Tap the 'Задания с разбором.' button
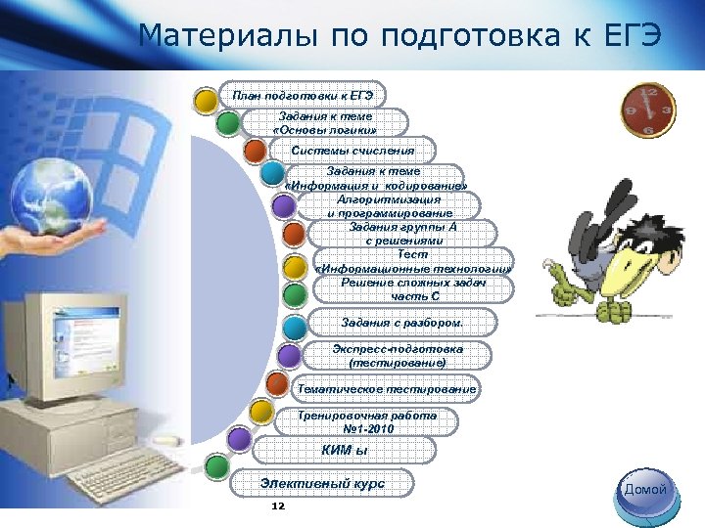point(402,322)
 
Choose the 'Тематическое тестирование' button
point(388,389)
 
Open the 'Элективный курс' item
point(322,483)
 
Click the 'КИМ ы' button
point(343,450)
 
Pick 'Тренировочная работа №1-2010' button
point(366,421)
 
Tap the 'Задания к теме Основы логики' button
point(324,122)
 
